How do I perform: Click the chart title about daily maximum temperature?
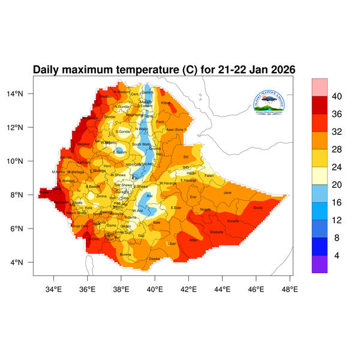(x=164, y=70)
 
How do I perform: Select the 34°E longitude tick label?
(x=54, y=289)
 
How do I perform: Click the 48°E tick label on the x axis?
(x=290, y=289)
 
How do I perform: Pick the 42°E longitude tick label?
(x=189, y=289)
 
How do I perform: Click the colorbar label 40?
(x=337, y=96)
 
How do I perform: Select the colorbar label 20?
(x=337, y=176)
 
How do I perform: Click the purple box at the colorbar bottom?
(x=319, y=265)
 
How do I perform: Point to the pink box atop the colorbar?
(x=319, y=86)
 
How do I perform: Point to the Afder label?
(x=193, y=240)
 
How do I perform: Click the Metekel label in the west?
(x=83, y=144)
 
